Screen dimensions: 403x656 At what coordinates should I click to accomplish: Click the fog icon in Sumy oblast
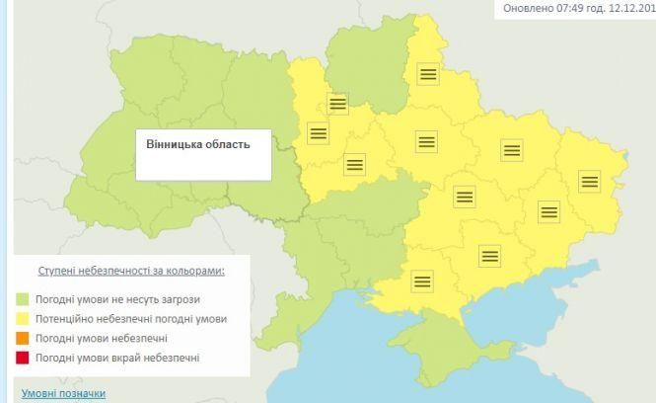pyautogui.click(x=427, y=74)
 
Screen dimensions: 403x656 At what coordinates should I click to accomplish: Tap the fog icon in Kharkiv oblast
pyautogui.click(x=510, y=150)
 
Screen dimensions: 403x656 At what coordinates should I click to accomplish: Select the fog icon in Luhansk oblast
pyautogui.click(x=589, y=181)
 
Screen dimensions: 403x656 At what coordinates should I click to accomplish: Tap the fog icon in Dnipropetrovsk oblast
pyautogui.click(x=464, y=197)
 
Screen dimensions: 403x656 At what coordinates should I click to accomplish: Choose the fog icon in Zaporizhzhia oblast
pyautogui.click(x=490, y=256)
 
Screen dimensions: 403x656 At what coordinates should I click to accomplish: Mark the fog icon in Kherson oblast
pyautogui.click(x=422, y=281)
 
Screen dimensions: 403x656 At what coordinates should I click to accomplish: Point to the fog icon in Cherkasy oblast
pyautogui.click(x=354, y=165)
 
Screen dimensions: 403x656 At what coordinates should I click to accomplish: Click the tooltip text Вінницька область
pyautogui.click(x=198, y=144)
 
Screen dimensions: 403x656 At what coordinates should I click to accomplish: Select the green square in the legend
pyautogui.click(x=22, y=298)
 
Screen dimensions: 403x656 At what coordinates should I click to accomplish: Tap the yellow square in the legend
pyautogui.click(x=22, y=318)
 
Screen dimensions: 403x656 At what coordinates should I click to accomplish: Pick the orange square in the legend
pyautogui.click(x=22, y=338)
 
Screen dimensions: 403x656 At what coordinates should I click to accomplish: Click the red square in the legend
pyautogui.click(x=22, y=358)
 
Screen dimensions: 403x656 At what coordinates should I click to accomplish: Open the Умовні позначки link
pyautogui.click(x=63, y=393)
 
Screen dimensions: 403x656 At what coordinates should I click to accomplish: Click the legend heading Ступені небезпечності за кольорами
pyautogui.click(x=130, y=270)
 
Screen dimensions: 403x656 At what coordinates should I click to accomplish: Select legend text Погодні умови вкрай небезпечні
pyautogui.click(x=117, y=358)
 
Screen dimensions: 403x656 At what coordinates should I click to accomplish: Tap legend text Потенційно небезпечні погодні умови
pyautogui.click(x=130, y=318)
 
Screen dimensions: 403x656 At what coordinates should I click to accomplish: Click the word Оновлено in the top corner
pyautogui.click(x=529, y=8)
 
